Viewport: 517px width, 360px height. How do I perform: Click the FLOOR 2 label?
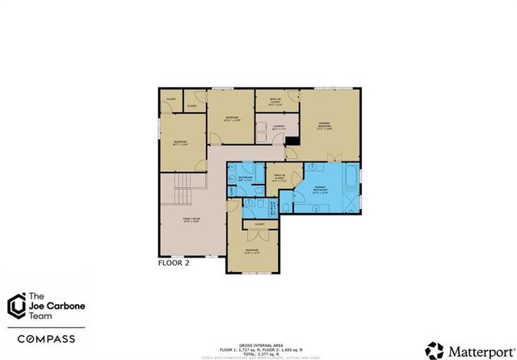173,263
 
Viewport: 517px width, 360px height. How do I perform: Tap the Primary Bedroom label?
325,125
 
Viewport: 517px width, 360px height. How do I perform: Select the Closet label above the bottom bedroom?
259,224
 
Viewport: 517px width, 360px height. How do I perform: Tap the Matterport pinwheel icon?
436,350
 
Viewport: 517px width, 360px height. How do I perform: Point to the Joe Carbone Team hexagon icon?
15,306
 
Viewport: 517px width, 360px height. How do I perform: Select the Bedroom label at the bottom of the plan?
253,250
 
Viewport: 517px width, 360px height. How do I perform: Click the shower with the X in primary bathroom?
353,199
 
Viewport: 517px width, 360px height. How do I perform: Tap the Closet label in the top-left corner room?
170,98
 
